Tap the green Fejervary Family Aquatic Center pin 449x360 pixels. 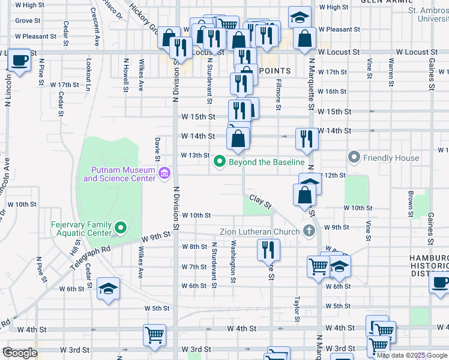(x=121, y=228)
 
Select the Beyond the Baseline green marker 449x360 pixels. (x=220, y=161)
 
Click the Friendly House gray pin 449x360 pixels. (x=354, y=158)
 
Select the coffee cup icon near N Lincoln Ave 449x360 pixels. (x=19, y=61)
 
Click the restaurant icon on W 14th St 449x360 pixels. (x=307, y=139)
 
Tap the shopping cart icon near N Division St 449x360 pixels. (x=155, y=335)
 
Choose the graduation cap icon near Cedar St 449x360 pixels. (x=108, y=289)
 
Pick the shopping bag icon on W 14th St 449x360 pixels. (x=239, y=139)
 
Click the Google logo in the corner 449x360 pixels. (x=20, y=353)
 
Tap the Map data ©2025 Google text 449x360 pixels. (x=411, y=355)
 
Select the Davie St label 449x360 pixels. (x=157, y=148)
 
